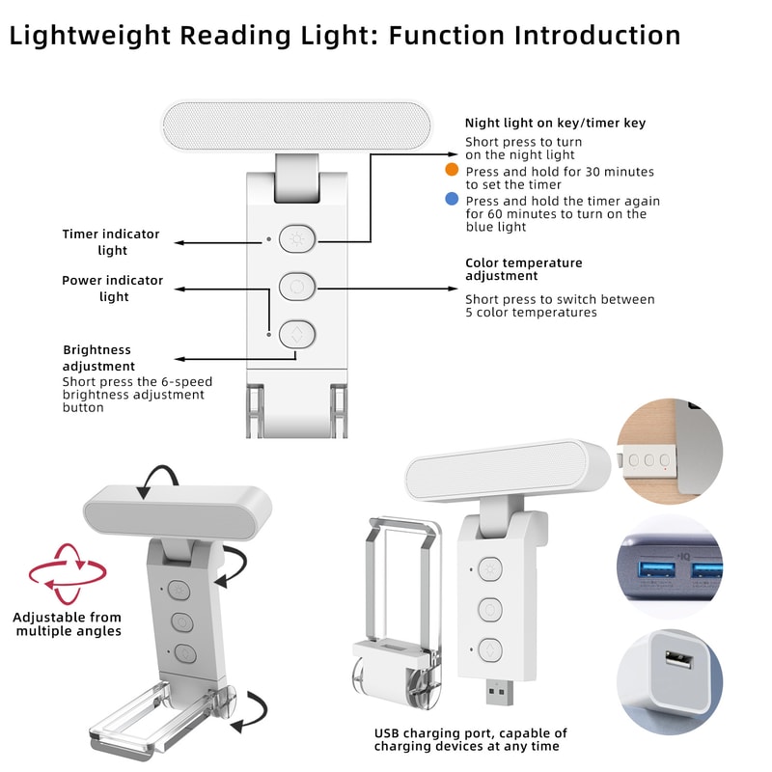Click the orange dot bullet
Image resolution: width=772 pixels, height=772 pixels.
452,170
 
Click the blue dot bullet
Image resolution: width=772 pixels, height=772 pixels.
452,200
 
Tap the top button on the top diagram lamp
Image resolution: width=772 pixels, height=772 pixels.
296,238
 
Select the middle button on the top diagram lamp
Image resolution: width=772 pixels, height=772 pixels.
296,287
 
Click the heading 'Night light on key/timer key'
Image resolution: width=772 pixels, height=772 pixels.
555,123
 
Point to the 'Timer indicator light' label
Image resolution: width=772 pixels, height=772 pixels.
111,242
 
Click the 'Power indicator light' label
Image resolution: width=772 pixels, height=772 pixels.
113,289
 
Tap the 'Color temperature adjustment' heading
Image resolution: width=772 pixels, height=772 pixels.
523,269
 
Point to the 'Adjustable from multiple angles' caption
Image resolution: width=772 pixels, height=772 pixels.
68,624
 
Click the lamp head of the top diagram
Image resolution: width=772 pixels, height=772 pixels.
295,126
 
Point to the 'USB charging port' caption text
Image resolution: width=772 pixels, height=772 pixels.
471,740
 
